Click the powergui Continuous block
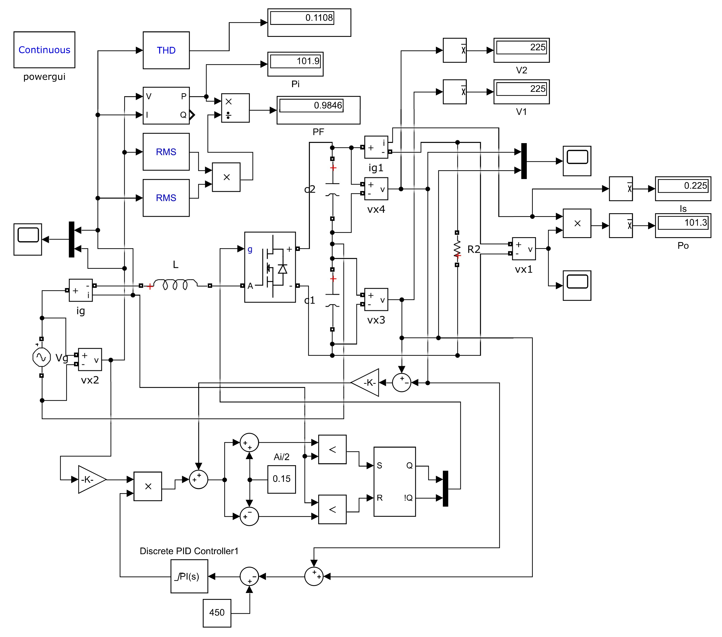point(44,50)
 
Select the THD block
point(166,50)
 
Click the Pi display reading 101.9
point(295,64)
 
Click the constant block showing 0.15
point(281,479)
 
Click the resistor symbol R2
point(457,249)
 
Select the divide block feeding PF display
point(235,108)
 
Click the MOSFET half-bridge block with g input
point(270,267)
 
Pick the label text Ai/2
point(281,457)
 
